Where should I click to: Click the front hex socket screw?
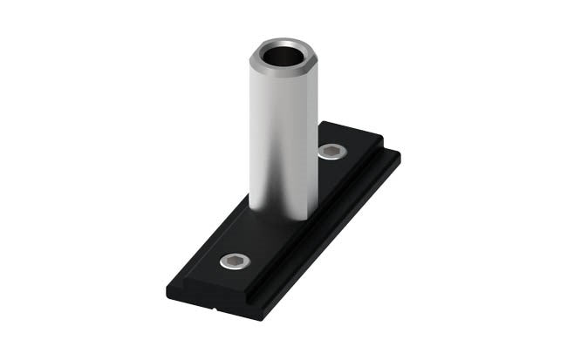pos(233,262)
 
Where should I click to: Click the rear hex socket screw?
pos(332,153)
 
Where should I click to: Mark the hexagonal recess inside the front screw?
pos(233,262)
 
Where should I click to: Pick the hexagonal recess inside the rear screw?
pos(332,153)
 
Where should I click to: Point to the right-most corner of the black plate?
pos(400,157)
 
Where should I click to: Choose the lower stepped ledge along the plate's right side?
pos(331,235)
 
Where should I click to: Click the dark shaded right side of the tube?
pos(310,139)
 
